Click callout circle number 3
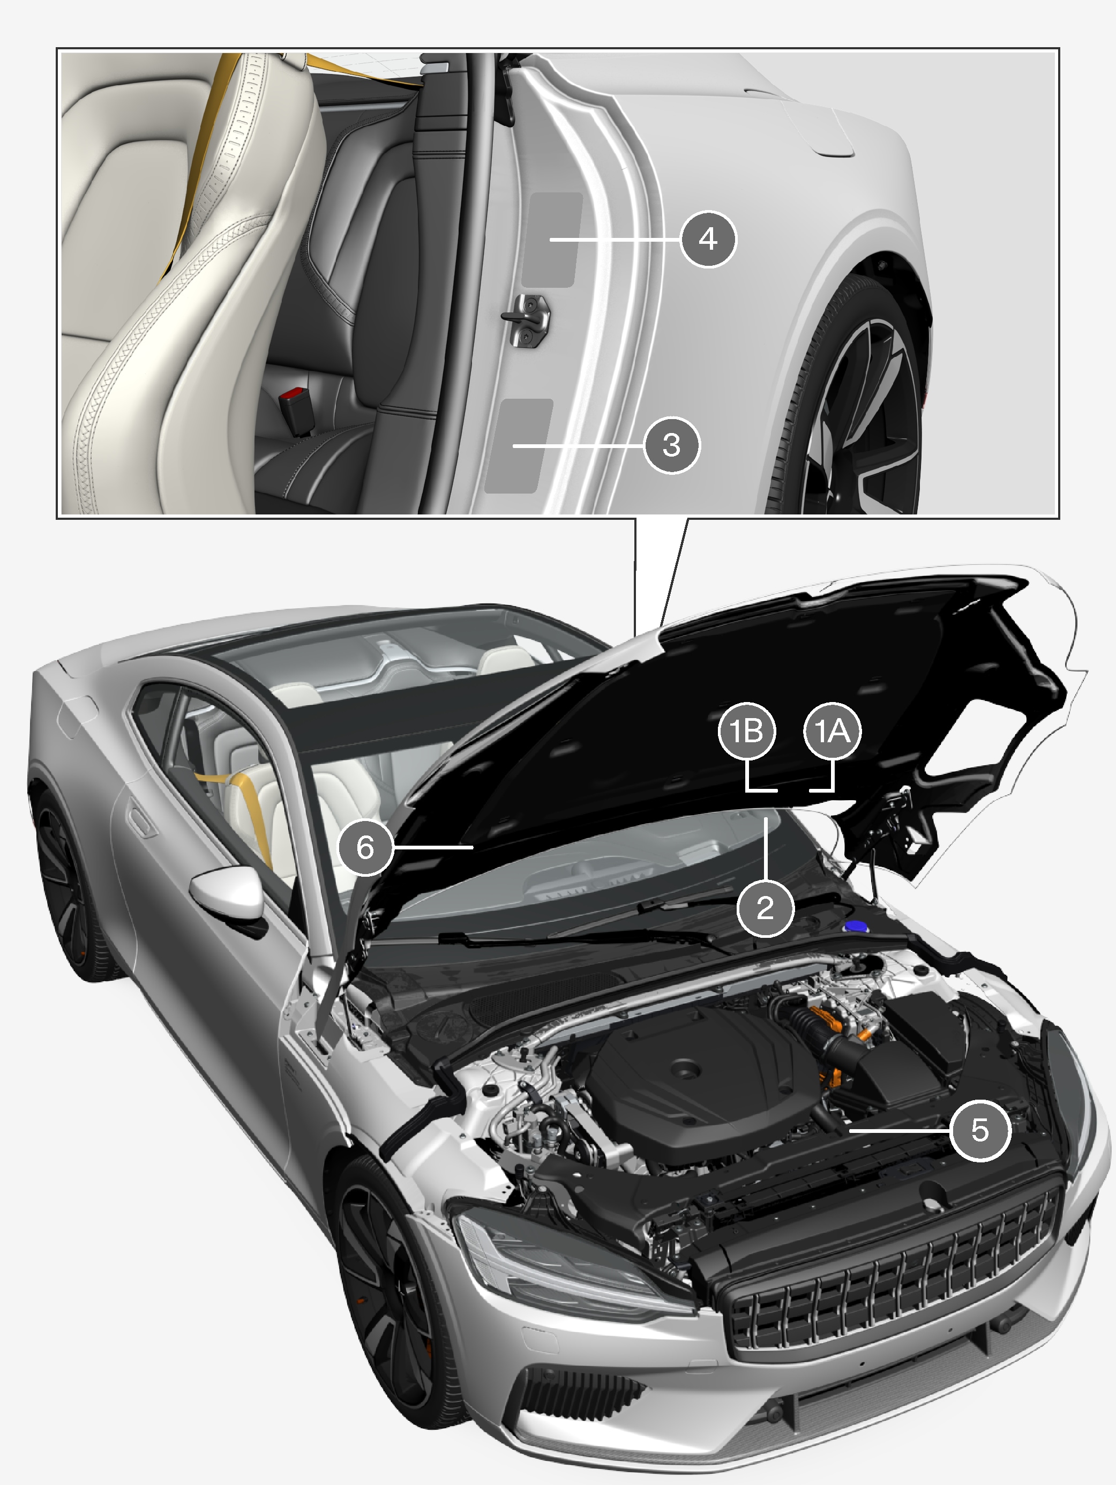click(672, 445)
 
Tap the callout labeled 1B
click(747, 731)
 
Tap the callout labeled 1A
click(832, 731)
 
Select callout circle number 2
click(765, 908)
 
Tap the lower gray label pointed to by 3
click(519, 446)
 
